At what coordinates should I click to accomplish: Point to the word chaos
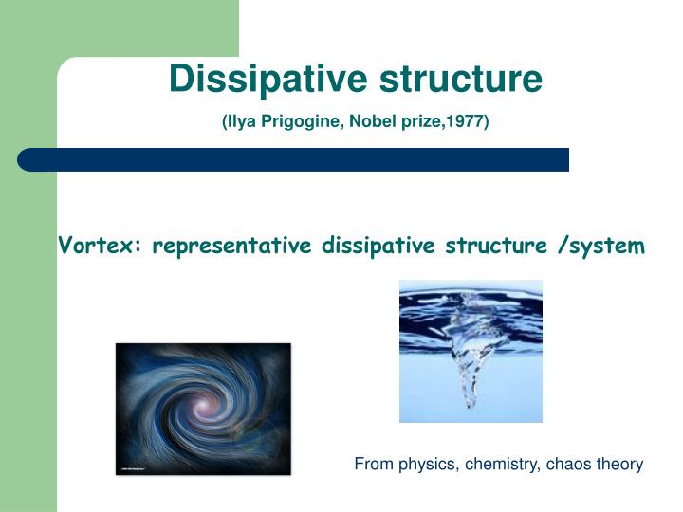[x=572, y=465]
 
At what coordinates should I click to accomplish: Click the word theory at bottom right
[x=620, y=465]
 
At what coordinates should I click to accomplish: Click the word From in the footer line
[x=371, y=465]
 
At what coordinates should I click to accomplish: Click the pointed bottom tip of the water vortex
[x=468, y=407]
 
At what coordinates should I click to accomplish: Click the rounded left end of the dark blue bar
[x=28, y=159]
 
